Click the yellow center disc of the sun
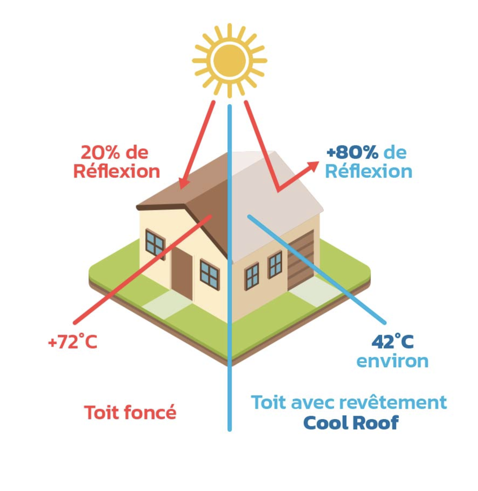pos(229,60)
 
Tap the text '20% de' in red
pos(114,153)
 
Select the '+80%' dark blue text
pos(352,153)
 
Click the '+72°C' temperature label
pos(72,342)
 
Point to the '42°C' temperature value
pos(392,342)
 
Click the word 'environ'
pos(392,361)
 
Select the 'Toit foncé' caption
pos(130,412)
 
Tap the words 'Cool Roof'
pos(351,423)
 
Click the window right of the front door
pos(210,274)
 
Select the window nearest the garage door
pos(275,265)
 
